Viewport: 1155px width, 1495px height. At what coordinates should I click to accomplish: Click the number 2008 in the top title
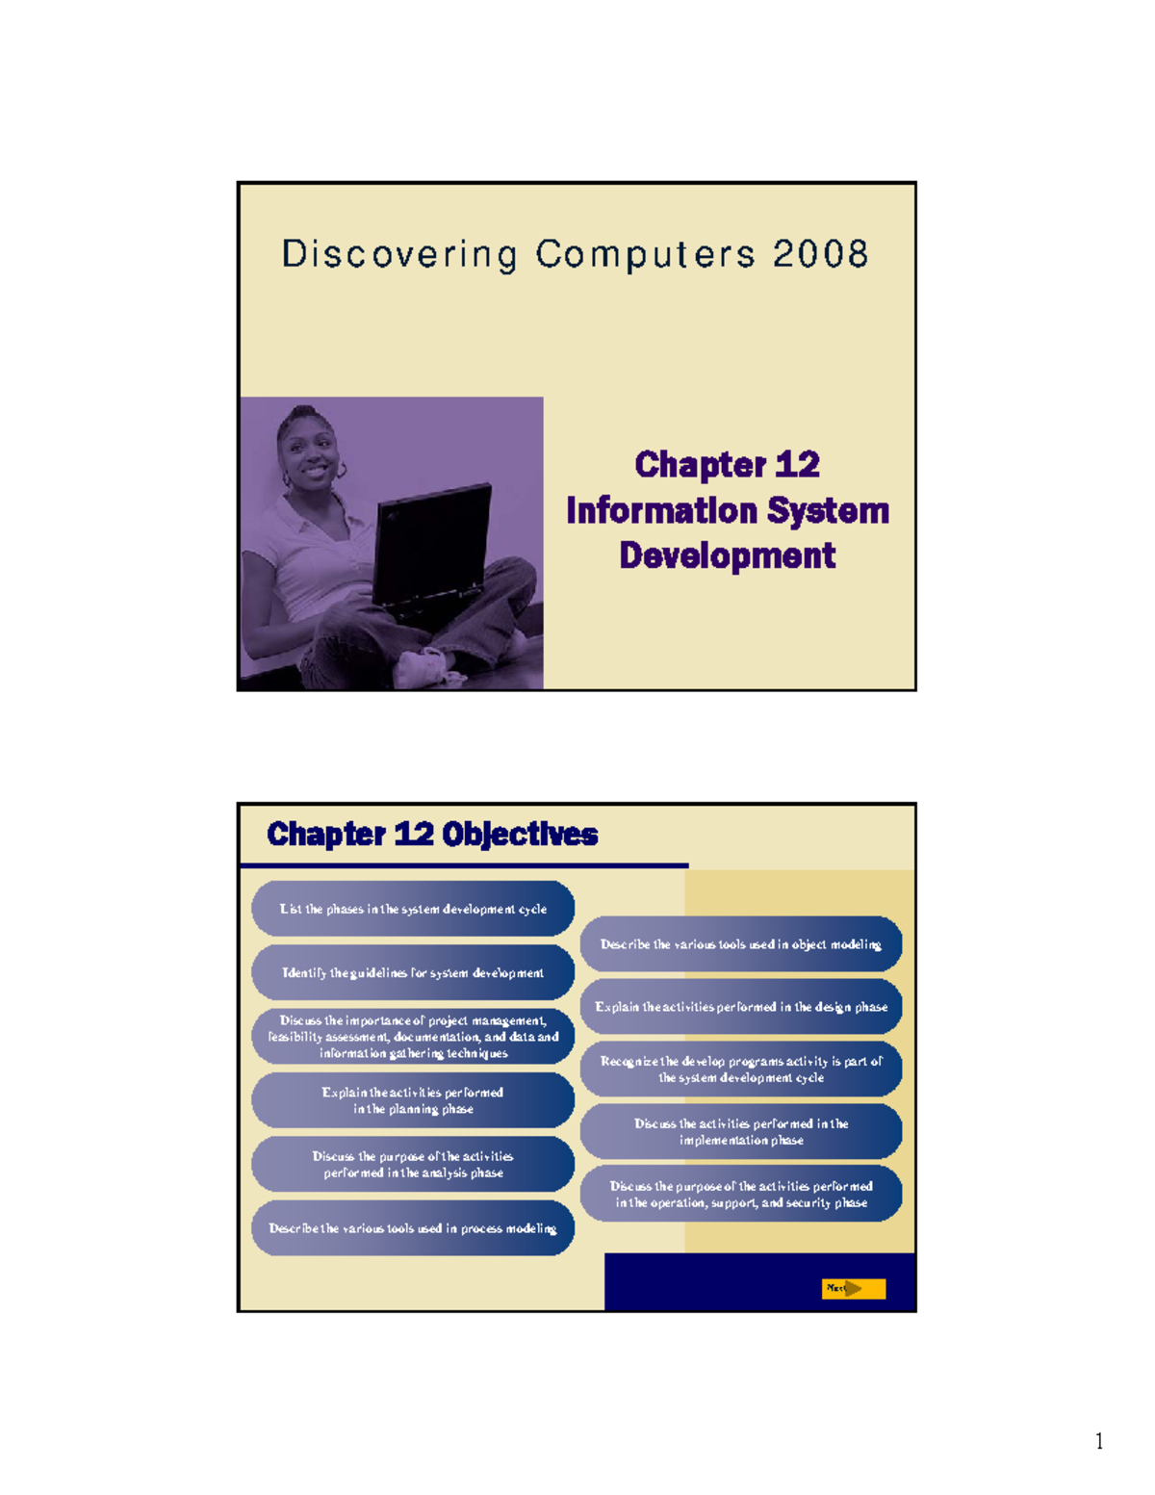820,254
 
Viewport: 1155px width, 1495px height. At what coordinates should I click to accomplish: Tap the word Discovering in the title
399,255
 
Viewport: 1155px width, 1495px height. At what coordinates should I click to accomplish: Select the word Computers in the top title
645,255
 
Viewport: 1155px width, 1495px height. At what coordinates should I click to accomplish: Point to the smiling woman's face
310,451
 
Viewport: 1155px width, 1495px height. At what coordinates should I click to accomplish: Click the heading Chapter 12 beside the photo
727,465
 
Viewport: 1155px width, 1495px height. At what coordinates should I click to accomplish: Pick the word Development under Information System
727,555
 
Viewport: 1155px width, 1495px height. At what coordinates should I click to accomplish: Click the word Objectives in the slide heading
521,834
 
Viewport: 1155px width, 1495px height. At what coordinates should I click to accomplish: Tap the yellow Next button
853,1288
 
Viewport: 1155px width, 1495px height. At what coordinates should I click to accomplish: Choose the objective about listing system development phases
413,909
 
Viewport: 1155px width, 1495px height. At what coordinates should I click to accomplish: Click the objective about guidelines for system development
413,972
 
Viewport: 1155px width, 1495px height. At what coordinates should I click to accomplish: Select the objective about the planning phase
413,1100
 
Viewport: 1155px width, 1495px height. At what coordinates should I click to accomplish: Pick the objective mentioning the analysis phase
413,1164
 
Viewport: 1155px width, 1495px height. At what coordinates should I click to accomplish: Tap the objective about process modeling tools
413,1228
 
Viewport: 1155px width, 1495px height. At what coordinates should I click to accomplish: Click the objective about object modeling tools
741,944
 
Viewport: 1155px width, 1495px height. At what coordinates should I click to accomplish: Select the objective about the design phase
741,1007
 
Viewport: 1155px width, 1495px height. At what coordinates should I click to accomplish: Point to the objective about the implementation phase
741,1131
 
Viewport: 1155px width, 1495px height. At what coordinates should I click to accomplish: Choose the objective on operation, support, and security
741,1194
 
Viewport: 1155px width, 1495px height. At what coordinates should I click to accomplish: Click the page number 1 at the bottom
1099,1441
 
